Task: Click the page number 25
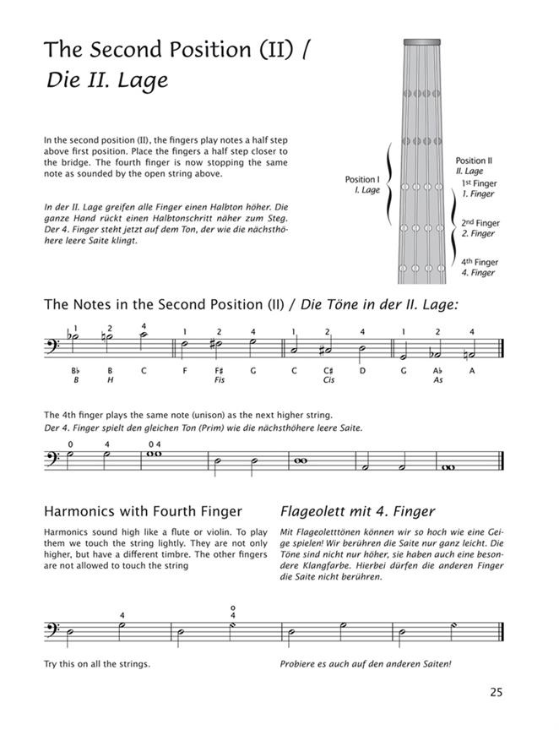[x=496, y=693]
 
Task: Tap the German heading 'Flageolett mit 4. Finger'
[x=357, y=511]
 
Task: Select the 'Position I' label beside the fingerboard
[x=362, y=180]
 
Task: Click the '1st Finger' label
[x=479, y=183]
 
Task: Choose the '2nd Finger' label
[x=480, y=224]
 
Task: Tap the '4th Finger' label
[x=479, y=263]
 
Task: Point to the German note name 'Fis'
[x=219, y=381]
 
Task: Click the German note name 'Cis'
[x=328, y=381]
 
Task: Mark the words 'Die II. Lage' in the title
[x=107, y=81]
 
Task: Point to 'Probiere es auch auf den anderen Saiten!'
[x=366, y=663]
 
